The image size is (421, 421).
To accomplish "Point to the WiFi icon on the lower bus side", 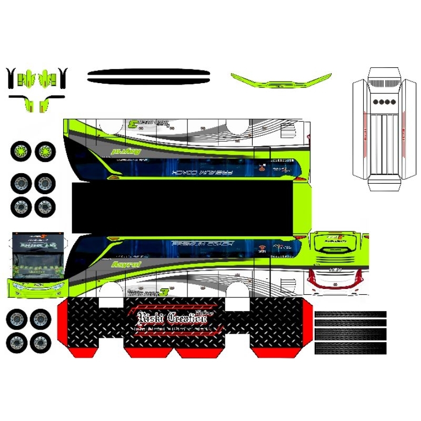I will coord(262,246).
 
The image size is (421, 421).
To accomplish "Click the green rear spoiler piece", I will coord(280,82).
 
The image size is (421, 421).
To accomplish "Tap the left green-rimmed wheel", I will coord(21,152).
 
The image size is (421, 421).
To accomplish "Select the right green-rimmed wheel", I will coord(45,152).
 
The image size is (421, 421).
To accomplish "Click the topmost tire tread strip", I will coord(350,314).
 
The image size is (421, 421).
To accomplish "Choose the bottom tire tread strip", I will coord(350,348).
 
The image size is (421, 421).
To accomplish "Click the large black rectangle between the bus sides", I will coord(183,208).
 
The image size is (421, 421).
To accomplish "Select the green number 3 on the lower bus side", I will coord(164,292).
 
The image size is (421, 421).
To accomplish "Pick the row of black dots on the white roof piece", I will coord(384,102).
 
